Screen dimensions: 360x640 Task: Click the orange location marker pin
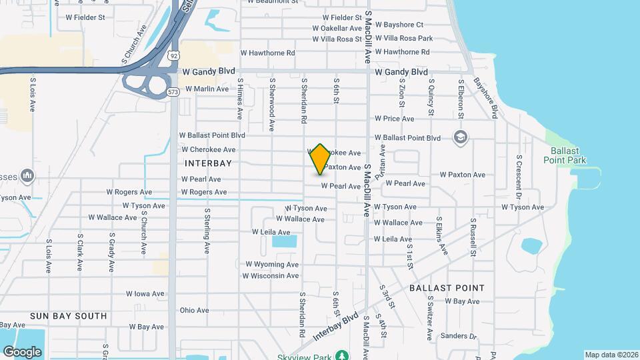click(x=321, y=159)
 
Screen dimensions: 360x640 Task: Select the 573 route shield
click(x=173, y=91)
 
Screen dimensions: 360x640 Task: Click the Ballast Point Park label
click(x=564, y=155)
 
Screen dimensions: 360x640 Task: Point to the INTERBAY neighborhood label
click(x=208, y=163)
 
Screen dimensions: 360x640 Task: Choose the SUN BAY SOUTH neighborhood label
click(x=68, y=315)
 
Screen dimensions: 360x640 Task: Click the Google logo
click(x=22, y=351)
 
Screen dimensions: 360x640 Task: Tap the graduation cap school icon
click(x=459, y=137)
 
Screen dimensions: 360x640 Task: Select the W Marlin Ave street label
click(x=207, y=89)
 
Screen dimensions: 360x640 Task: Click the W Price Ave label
click(x=394, y=119)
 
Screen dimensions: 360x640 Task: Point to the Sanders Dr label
click(x=459, y=336)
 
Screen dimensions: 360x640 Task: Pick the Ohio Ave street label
click(x=194, y=310)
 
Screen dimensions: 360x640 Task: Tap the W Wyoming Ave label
click(x=271, y=264)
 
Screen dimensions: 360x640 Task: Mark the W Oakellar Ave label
click(x=341, y=28)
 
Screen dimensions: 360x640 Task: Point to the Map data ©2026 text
click(x=611, y=355)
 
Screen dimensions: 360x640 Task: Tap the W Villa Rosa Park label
click(x=404, y=39)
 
